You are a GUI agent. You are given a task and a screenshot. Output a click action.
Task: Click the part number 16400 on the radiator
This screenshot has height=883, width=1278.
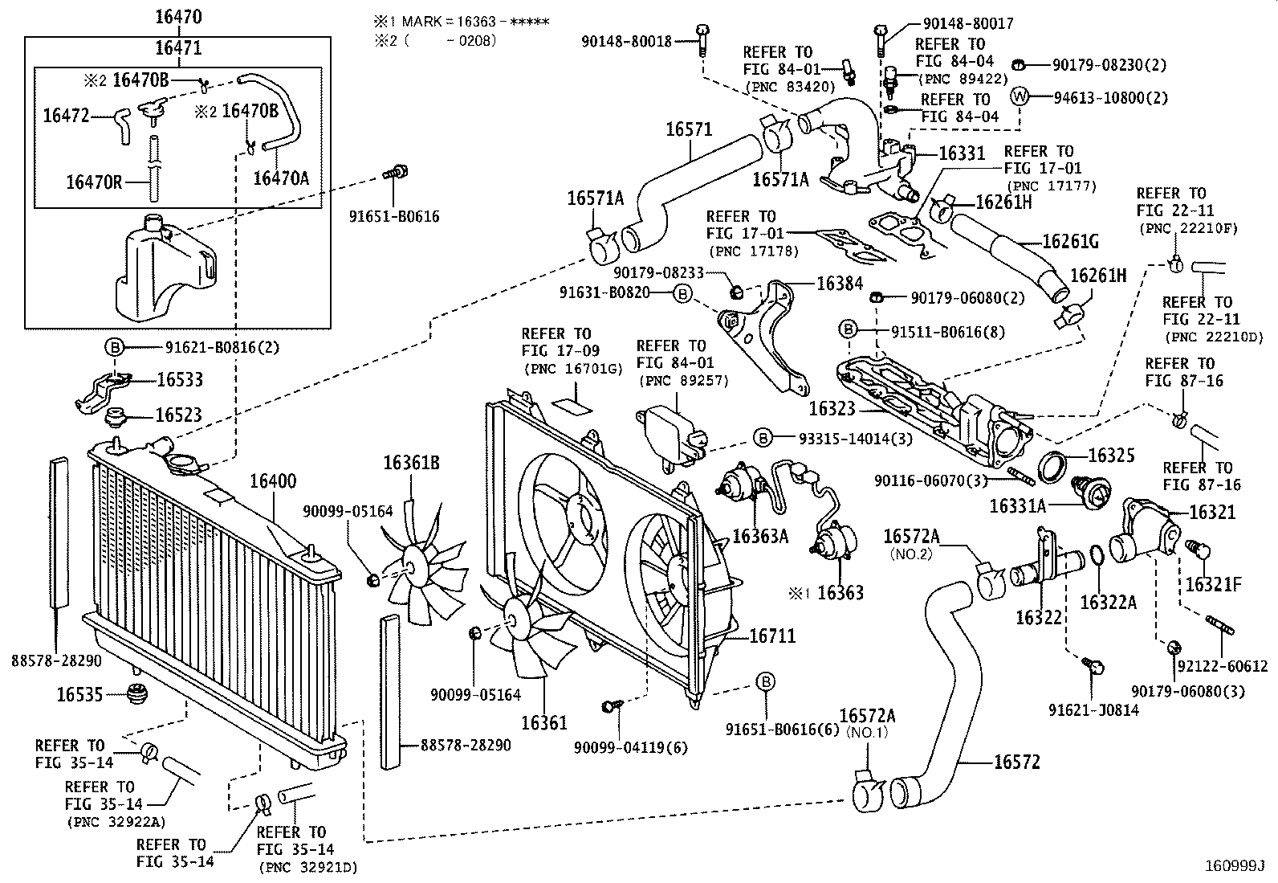pyautogui.click(x=272, y=482)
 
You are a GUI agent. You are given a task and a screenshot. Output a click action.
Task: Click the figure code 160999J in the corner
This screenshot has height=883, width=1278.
pyautogui.click(x=1235, y=866)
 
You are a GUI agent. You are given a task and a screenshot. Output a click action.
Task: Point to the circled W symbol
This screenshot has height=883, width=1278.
pyautogui.click(x=1020, y=96)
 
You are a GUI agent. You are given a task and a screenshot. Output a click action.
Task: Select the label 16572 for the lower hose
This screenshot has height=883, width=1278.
pyautogui.click(x=1016, y=762)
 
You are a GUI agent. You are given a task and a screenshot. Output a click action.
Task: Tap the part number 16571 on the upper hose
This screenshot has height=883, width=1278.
pyautogui.click(x=689, y=129)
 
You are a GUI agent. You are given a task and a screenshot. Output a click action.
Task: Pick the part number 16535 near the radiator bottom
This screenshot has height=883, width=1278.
pyautogui.click(x=79, y=693)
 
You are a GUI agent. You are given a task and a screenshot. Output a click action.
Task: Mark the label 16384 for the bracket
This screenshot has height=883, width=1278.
pyautogui.click(x=840, y=284)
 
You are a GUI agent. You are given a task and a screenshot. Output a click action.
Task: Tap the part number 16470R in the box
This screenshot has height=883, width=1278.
pyautogui.click(x=94, y=182)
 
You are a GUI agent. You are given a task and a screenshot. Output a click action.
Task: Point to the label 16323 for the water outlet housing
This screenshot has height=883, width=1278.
pyautogui.click(x=832, y=409)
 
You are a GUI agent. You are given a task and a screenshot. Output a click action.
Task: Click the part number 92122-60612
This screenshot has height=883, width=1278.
pyautogui.click(x=1223, y=666)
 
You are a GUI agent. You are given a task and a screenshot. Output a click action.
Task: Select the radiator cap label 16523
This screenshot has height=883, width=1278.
pyautogui.click(x=178, y=415)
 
